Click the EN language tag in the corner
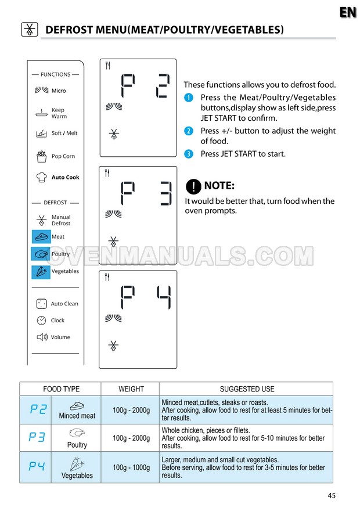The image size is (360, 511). pos(348,12)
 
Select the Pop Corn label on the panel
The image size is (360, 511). pos(63,156)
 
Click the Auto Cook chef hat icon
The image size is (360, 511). pos(41,177)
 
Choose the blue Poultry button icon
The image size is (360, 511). pos(41,254)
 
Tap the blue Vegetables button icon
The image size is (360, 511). pos(41,271)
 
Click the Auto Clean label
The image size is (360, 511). pos(64,304)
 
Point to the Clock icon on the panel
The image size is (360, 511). pos(41,321)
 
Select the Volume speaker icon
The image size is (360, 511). pos(41,337)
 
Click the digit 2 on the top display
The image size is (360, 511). pos(163,85)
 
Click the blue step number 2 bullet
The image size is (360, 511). pos(188,131)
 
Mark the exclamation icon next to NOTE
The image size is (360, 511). pos(193,186)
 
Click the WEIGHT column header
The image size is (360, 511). pos(131,389)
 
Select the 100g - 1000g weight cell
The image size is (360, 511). pos(131,468)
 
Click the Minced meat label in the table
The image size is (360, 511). pos(77,416)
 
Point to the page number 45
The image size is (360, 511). pos(331,495)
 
